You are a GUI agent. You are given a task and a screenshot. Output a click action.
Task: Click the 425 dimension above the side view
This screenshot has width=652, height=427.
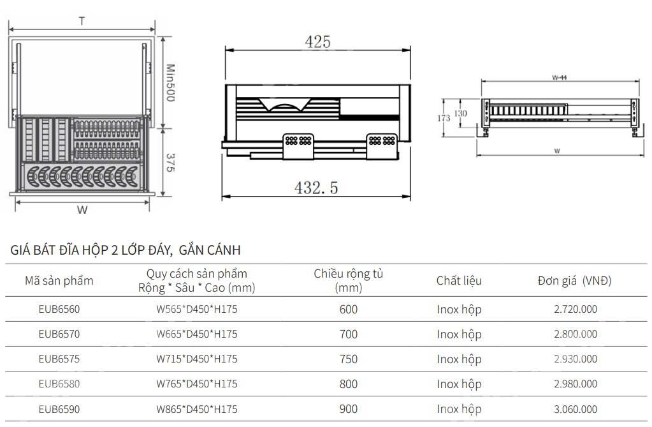(x=317, y=42)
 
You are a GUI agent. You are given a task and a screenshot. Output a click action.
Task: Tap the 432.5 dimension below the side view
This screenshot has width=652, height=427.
(x=316, y=188)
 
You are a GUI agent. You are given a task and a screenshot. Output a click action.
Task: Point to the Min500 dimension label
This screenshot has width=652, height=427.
(x=170, y=82)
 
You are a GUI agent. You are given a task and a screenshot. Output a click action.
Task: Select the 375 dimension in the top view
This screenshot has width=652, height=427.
(x=170, y=163)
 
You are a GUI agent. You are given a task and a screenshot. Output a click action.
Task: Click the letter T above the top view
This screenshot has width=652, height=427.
(x=82, y=21)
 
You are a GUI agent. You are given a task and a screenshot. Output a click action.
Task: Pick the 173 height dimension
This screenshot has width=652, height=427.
(x=444, y=118)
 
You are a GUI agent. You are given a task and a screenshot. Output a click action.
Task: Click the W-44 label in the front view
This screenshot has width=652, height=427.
(x=559, y=77)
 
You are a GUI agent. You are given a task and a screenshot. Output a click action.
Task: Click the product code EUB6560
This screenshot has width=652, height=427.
(x=59, y=310)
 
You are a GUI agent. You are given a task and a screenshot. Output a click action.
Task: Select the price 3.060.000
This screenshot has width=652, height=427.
(x=576, y=409)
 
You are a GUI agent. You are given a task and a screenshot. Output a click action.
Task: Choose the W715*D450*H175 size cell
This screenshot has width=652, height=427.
(x=197, y=359)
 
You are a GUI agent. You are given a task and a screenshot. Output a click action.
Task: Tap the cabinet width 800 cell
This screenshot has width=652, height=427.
(x=349, y=384)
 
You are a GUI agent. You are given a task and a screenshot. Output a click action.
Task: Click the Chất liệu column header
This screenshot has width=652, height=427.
(x=459, y=281)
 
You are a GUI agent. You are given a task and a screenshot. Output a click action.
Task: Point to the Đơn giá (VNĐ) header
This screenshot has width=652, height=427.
(x=574, y=281)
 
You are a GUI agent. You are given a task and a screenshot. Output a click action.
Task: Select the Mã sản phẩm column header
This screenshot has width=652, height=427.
(x=59, y=281)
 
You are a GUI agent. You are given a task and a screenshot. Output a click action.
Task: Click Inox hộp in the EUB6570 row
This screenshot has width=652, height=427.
(x=459, y=334)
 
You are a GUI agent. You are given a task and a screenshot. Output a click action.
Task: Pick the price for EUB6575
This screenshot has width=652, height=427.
(x=576, y=359)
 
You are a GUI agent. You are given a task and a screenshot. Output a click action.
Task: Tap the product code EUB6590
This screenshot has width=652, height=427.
(x=59, y=409)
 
